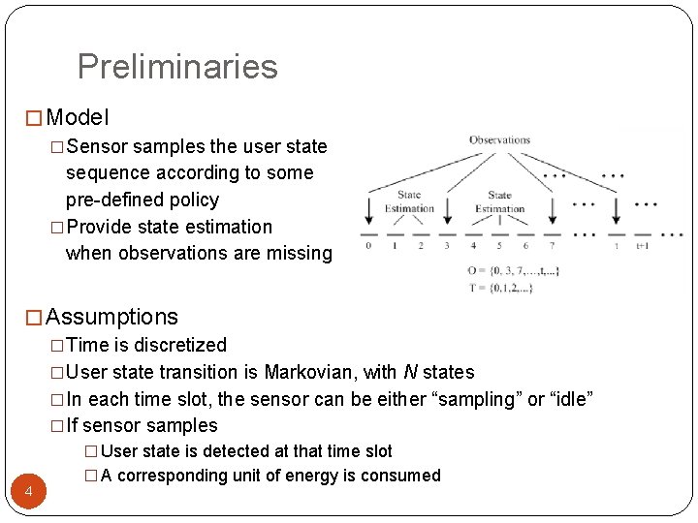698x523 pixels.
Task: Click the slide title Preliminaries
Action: pyautogui.click(x=177, y=67)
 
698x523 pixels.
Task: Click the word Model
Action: pyautogui.click(x=78, y=118)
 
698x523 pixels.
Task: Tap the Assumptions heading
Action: pyautogui.click(x=111, y=317)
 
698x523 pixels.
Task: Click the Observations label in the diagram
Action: pyautogui.click(x=500, y=140)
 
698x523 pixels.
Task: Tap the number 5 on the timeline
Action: pyautogui.click(x=499, y=246)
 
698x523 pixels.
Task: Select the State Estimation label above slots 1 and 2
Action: pyautogui.click(x=409, y=201)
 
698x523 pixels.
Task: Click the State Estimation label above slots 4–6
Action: pyautogui.click(x=499, y=201)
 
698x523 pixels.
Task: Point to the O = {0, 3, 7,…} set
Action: pyautogui.click(x=513, y=270)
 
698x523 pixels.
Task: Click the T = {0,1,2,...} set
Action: pyautogui.click(x=500, y=287)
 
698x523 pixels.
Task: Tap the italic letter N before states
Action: pyautogui.click(x=410, y=372)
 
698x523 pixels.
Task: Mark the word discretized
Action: pyautogui.click(x=180, y=345)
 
